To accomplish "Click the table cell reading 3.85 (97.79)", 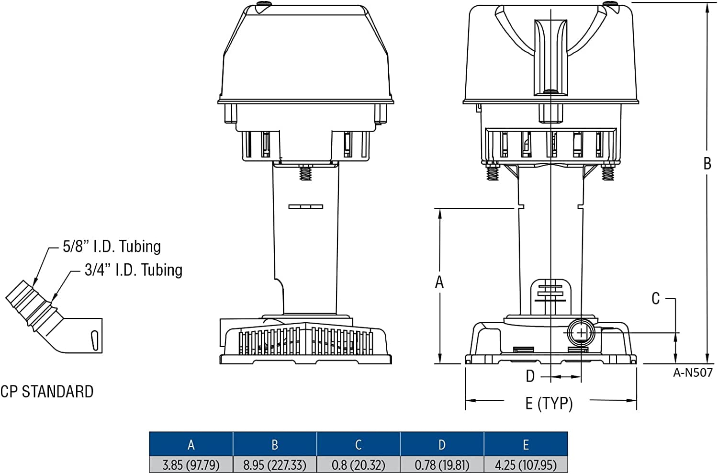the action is click(191, 464).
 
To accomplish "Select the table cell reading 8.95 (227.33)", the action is click(275, 464).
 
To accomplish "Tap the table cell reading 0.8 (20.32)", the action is click(359, 464).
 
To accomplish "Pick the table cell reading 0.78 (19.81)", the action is click(442, 464).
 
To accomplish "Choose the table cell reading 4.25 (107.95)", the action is click(526, 464).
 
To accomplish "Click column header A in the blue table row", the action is click(191, 444).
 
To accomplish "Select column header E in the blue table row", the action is click(526, 444).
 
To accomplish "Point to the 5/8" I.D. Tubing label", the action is click(112, 247).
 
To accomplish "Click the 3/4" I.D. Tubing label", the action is click(134, 270).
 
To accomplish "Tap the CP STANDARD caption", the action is click(47, 392).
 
